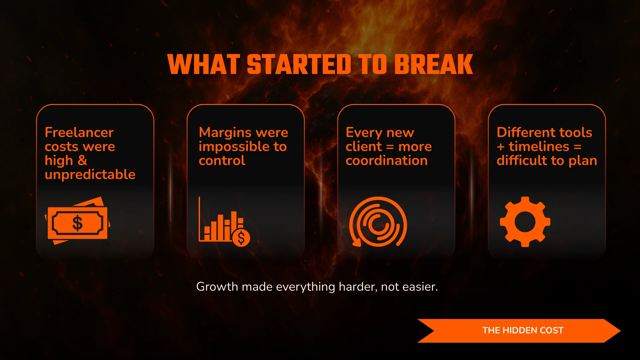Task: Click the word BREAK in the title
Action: pyautogui.click(x=434, y=64)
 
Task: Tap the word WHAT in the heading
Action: pyautogui.click(x=204, y=64)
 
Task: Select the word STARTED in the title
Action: pyautogui.click(x=299, y=64)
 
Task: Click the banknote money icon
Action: pyautogui.click(x=77, y=221)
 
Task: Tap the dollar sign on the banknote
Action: pyautogui.click(x=77, y=223)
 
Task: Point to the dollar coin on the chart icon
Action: pyautogui.click(x=241, y=238)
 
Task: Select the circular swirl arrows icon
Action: pyautogui.click(x=378, y=222)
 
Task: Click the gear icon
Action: pyautogui.click(x=525, y=222)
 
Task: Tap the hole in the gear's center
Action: pyautogui.click(x=525, y=222)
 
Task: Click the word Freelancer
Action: pyautogui.click(x=79, y=132)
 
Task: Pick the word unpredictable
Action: pyautogui.click(x=90, y=174)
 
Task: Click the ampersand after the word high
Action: pyautogui.click(x=82, y=160)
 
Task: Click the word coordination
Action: pyautogui.click(x=387, y=161)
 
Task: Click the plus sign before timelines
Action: pyautogui.click(x=501, y=147)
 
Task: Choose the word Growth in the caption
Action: pyautogui.click(x=217, y=286)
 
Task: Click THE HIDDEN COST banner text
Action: pyautogui.click(x=523, y=330)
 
